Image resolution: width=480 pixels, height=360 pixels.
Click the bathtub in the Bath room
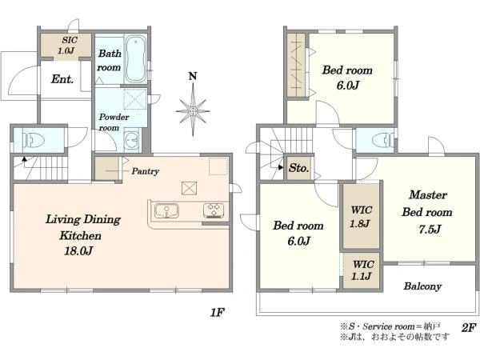(x=136, y=59)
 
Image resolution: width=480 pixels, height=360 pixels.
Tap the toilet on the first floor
(x=34, y=140)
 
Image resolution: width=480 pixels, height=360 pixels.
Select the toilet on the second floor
(x=382, y=140)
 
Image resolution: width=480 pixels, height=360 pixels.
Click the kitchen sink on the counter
(x=166, y=210)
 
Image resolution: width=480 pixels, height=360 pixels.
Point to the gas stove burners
(x=214, y=210)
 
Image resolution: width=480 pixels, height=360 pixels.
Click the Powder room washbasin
(x=132, y=141)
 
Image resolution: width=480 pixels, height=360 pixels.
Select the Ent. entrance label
(x=62, y=79)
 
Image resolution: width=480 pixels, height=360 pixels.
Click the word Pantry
(x=145, y=171)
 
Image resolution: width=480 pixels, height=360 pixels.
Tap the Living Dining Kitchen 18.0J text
(x=82, y=234)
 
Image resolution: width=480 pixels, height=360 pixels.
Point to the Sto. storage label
(x=298, y=168)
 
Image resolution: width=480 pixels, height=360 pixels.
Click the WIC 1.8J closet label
(x=361, y=217)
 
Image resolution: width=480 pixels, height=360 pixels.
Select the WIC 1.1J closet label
(x=362, y=270)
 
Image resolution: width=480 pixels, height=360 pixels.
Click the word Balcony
(x=422, y=286)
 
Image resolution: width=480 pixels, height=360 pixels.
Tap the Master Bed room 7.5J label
(x=427, y=212)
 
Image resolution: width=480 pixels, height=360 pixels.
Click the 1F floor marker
(x=217, y=312)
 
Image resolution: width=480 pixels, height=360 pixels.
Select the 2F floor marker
(x=469, y=327)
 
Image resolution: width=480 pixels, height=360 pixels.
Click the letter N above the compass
(x=193, y=76)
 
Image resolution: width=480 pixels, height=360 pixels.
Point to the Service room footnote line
(x=390, y=326)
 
